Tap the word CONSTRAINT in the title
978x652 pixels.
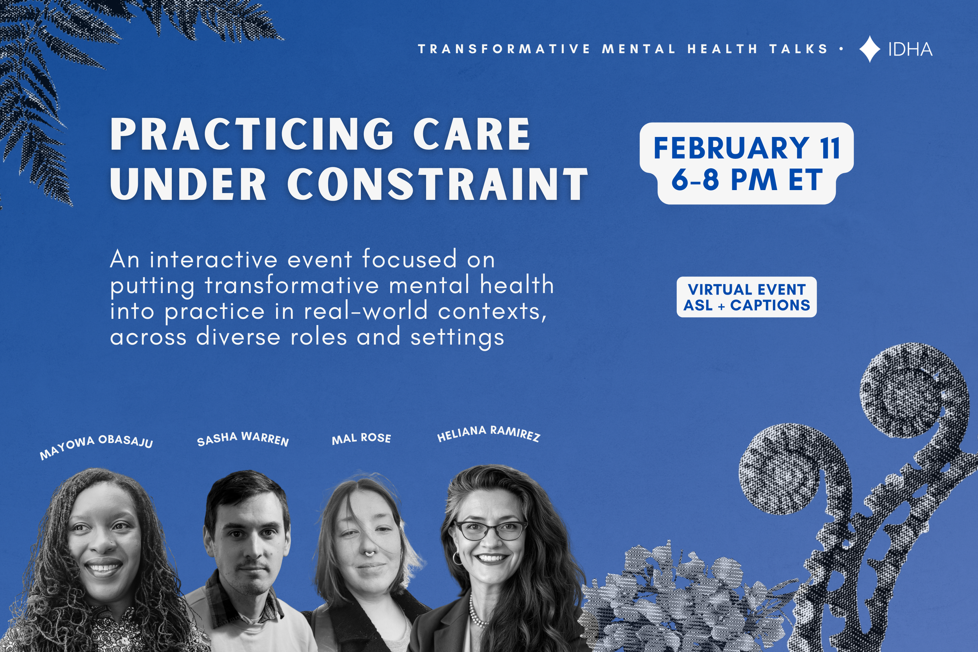[x=437, y=184]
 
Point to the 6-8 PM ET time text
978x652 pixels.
[x=747, y=180]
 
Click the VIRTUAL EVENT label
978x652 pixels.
[x=747, y=289]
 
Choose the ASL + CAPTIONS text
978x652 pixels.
[x=747, y=305]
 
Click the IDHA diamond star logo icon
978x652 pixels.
[x=870, y=49]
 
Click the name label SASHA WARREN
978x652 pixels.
[x=243, y=439]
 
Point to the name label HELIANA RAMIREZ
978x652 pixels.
[x=489, y=433]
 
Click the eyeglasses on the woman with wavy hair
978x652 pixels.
[x=491, y=530]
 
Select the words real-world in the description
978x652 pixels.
[x=366, y=311]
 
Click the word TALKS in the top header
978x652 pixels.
[x=799, y=49]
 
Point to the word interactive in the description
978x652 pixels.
[x=213, y=259]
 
